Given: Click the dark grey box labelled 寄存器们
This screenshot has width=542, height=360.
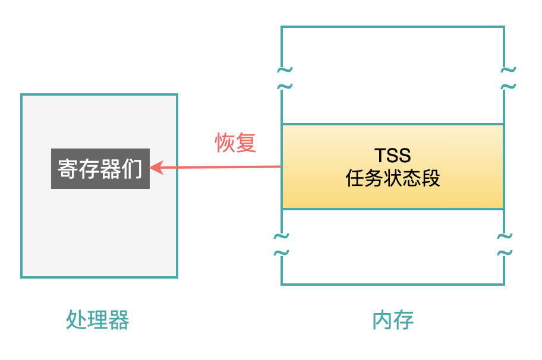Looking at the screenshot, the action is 100,169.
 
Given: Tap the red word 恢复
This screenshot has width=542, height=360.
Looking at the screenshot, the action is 235,143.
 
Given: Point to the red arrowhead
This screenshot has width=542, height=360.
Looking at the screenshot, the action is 156,168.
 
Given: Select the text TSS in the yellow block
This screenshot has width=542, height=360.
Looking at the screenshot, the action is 393,156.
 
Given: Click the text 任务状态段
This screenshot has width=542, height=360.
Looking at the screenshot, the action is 393,178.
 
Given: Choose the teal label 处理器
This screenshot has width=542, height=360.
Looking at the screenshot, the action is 97,320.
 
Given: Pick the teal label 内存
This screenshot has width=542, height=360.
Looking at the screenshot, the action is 393,320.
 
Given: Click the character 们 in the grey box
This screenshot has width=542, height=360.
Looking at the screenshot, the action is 132,169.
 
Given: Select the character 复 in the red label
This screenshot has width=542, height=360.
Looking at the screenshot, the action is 245,143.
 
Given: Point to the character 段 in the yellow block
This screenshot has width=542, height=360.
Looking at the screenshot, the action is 431,178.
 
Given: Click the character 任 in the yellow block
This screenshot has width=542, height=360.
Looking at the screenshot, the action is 355,178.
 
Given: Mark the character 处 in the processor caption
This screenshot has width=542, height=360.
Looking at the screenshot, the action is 77,320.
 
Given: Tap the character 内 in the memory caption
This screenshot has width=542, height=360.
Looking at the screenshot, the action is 382,320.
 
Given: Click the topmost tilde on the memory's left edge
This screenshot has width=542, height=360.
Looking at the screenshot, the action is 285,70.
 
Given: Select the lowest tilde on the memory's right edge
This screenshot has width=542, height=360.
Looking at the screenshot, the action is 505,253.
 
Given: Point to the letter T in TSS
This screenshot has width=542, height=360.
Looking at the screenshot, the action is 380,156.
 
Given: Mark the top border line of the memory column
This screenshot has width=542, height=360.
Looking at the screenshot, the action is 393,27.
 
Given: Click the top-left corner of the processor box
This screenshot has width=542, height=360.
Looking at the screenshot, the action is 21,94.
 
